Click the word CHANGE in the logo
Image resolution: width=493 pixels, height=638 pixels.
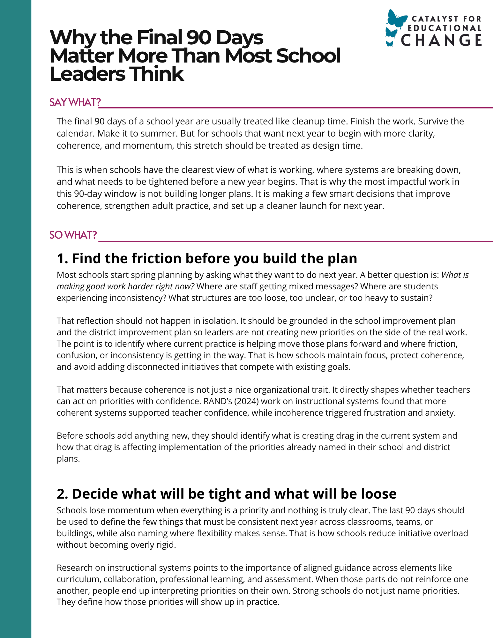(x=441, y=41)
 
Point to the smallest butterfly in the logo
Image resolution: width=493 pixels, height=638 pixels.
(x=390, y=44)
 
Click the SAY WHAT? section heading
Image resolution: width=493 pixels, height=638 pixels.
(x=75, y=102)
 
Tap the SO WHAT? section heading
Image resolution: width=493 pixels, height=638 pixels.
(x=73, y=235)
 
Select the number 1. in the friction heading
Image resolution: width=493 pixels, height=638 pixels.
(x=63, y=258)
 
